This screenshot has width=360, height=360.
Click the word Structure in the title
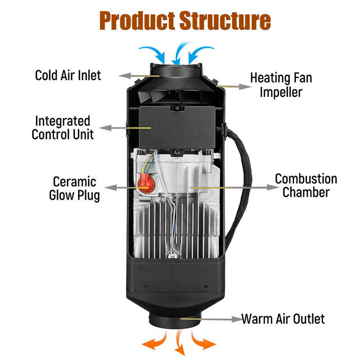click(x=225, y=20)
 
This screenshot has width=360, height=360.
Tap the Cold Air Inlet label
click(x=68, y=75)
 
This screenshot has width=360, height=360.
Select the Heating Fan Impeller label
click(x=281, y=84)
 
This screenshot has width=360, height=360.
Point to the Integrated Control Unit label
click(x=63, y=127)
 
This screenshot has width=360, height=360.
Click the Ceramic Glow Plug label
click(x=74, y=189)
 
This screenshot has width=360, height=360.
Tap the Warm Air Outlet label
click(x=283, y=319)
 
